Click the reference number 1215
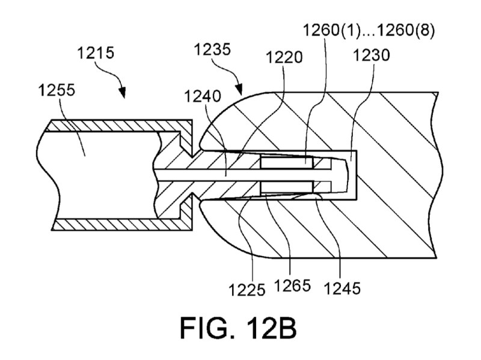[x=96, y=53]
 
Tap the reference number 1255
[x=57, y=91]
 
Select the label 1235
[x=212, y=49]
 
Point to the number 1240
[x=203, y=97]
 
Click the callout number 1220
[x=284, y=57]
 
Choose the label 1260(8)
[x=406, y=31]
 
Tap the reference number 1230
[x=372, y=55]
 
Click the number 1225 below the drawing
[x=247, y=290]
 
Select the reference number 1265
[x=293, y=286]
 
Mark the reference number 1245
[x=342, y=288]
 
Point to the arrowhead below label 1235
[x=239, y=90]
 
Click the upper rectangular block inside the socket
[x=287, y=162]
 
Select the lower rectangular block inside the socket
[x=287, y=187]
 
